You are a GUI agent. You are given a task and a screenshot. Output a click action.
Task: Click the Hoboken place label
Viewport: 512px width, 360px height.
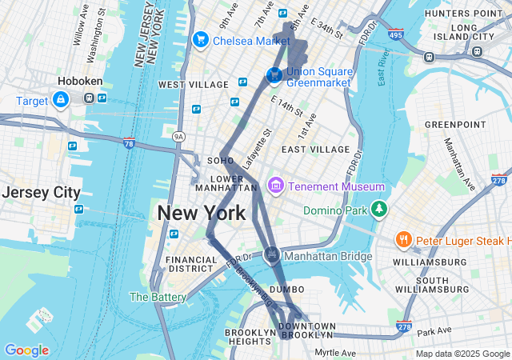(x=78, y=82)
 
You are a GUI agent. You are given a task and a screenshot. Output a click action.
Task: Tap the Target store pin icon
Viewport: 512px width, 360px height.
(x=60, y=99)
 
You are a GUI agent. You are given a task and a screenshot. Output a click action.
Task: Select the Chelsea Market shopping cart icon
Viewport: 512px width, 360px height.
(x=200, y=39)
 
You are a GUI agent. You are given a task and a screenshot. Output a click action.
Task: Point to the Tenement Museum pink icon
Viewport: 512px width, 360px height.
(x=277, y=186)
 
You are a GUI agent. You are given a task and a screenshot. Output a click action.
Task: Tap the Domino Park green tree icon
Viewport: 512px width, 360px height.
(x=378, y=210)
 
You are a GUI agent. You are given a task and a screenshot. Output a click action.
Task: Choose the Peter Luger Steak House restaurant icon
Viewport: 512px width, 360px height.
(x=403, y=239)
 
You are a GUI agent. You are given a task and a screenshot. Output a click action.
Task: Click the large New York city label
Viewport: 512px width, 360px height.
(x=202, y=214)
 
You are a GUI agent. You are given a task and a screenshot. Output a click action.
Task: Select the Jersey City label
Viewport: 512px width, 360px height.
(x=41, y=193)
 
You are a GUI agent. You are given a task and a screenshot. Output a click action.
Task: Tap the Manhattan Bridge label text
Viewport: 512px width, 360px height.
(x=328, y=256)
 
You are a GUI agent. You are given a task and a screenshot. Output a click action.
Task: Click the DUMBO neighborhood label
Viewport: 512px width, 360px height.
(x=286, y=289)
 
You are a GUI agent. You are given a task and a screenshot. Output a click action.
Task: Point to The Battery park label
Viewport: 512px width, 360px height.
(x=158, y=297)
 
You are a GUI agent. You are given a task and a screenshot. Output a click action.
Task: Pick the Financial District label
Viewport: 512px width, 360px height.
(x=191, y=265)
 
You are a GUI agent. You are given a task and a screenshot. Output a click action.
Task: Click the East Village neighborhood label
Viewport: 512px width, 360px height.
(x=315, y=149)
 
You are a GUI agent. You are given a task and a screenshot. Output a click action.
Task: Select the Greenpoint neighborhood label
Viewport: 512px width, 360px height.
(x=454, y=125)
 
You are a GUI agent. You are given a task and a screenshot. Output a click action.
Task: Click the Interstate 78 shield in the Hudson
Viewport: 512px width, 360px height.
(x=129, y=142)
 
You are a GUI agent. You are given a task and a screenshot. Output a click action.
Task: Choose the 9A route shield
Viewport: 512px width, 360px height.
(x=178, y=138)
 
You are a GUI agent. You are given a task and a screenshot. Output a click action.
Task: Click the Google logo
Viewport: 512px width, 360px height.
(x=26, y=350)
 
